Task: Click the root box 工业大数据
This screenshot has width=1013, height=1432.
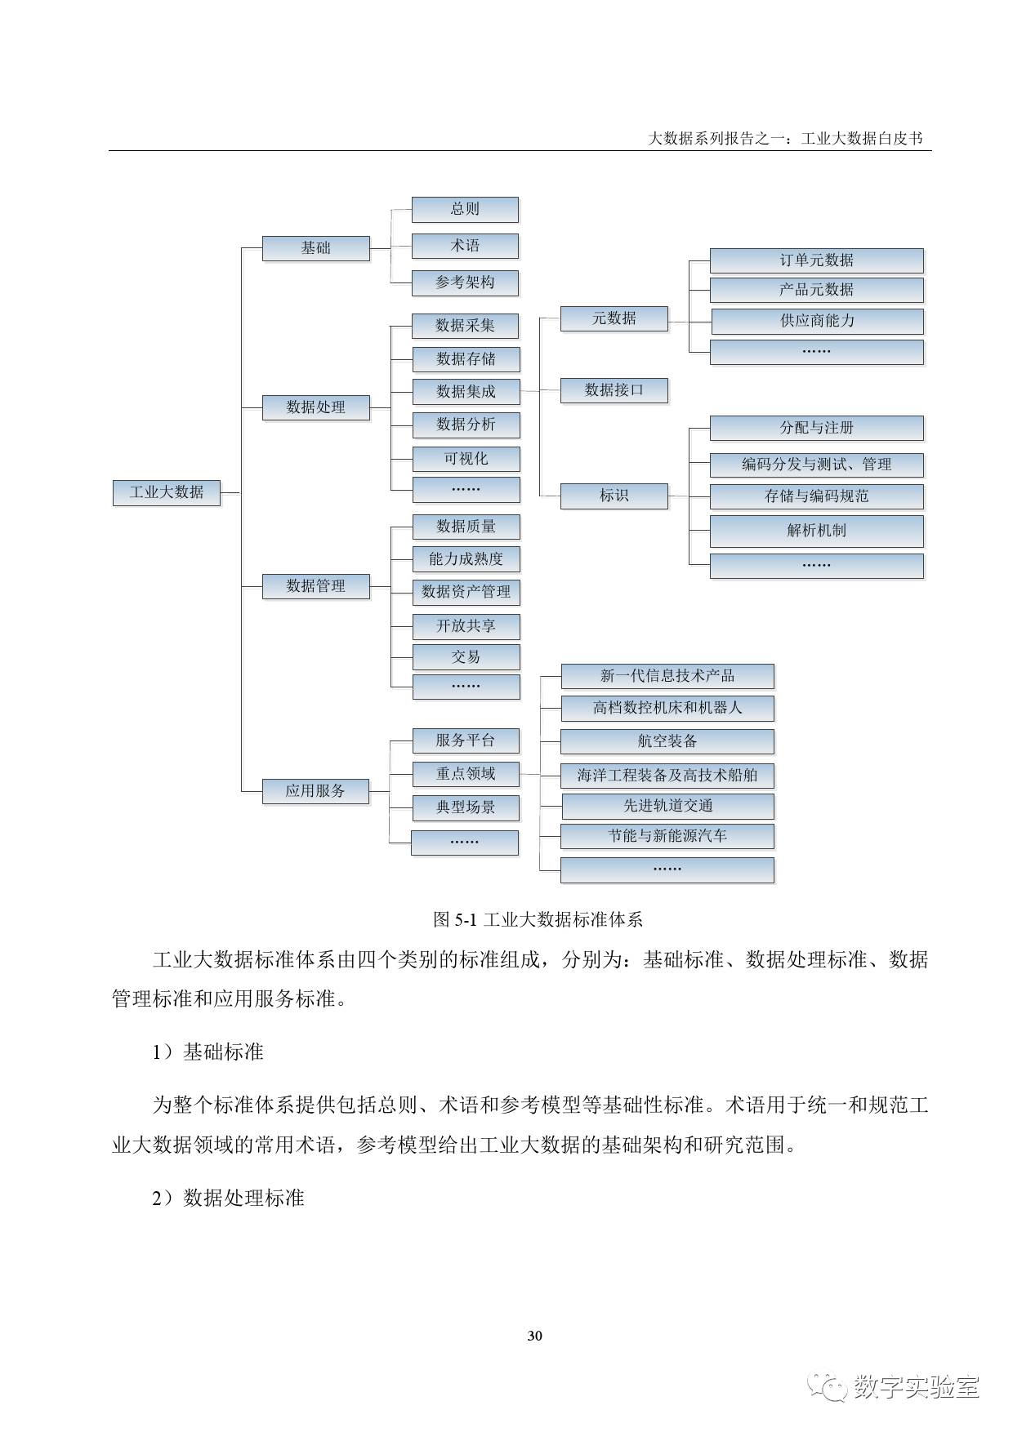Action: click(167, 492)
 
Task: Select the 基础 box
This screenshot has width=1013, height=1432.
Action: click(315, 248)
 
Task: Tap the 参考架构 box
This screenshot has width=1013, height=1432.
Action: click(465, 282)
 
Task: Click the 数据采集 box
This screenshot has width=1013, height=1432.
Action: click(465, 325)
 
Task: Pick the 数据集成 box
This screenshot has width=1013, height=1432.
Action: click(466, 391)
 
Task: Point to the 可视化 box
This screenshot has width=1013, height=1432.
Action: click(466, 458)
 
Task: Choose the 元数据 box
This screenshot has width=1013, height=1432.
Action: click(614, 318)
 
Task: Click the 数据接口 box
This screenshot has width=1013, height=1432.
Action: click(614, 390)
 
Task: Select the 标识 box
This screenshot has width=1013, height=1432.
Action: click(614, 496)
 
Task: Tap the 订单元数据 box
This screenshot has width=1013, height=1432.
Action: click(816, 260)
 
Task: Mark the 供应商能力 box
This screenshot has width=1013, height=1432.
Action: click(816, 321)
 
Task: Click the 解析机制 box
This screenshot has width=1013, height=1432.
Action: click(816, 531)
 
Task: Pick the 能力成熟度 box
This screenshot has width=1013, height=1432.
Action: click(466, 559)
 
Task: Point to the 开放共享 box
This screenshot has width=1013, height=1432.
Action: click(466, 626)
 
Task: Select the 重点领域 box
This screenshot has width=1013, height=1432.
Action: click(465, 773)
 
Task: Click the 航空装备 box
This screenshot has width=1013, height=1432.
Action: click(667, 741)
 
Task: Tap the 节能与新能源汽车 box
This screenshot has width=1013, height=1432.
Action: click(667, 836)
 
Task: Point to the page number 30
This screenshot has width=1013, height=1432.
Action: click(535, 1336)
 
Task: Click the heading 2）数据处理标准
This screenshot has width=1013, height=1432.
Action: click(228, 1198)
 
